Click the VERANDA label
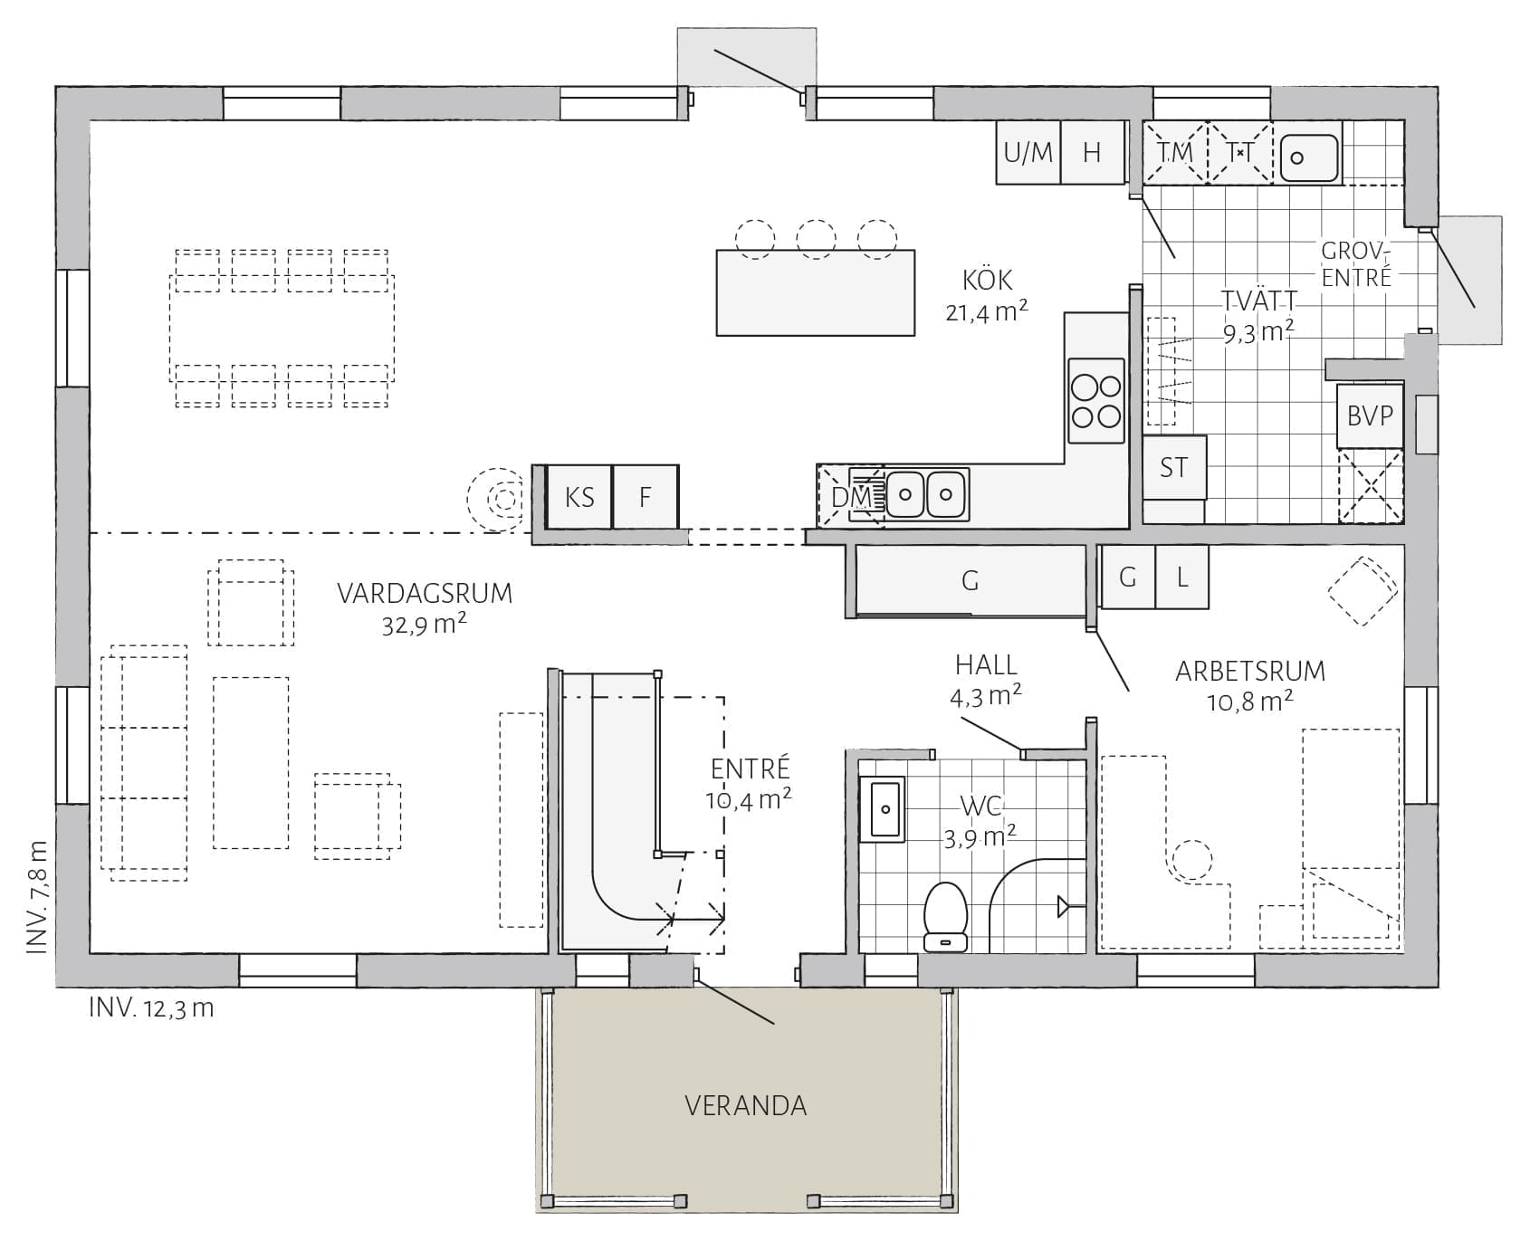[x=745, y=1105]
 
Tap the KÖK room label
[x=988, y=280]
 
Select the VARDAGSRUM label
[x=425, y=594]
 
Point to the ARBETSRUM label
[x=1250, y=671]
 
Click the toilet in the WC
[x=946, y=916]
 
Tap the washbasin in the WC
[x=882, y=808]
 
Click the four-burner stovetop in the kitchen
[x=1096, y=401]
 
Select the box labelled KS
[x=580, y=497]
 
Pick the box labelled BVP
[x=1370, y=416]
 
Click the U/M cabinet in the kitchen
[x=1028, y=152]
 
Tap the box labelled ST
[x=1174, y=467]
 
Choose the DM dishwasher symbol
[x=851, y=496]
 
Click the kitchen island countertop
[x=815, y=292]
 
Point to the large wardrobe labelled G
[x=971, y=580]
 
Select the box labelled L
[x=1182, y=577]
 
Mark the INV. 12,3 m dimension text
[x=151, y=1008]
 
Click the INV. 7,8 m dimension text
[x=36, y=897]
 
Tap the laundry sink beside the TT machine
[x=1307, y=154]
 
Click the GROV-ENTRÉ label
[x=1355, y=264]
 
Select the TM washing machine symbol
[x=1175, y=153]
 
